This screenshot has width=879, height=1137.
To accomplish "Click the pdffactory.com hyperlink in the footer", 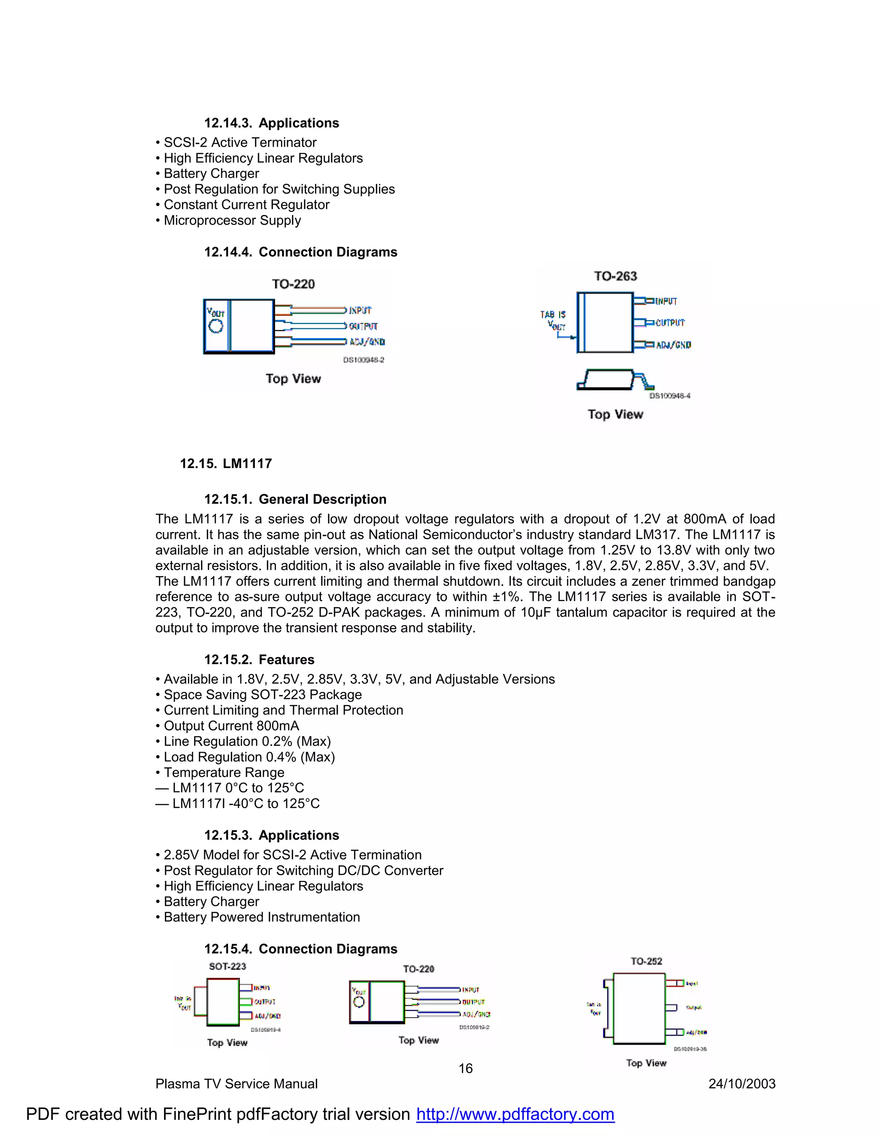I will click(x=515, y=1114).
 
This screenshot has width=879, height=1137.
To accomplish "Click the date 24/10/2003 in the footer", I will click(x=742, y=1084).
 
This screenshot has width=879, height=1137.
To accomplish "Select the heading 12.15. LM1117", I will click(x=226, y=463).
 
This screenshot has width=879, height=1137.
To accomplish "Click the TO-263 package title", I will click(x=615, y=276).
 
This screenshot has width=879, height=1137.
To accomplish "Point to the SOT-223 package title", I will click(x=227, y=966).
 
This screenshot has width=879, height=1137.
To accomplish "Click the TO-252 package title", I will click(x=646, y=961).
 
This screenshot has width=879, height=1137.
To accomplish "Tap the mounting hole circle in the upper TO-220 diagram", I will click(x=215, y=327).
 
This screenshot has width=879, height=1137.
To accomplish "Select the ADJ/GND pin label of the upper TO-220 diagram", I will click(x=367, y=342).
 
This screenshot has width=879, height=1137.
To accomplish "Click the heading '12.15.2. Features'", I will click(x=259, y=659).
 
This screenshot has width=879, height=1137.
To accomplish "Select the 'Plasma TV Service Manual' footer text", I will click(x=236, y=1084).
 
